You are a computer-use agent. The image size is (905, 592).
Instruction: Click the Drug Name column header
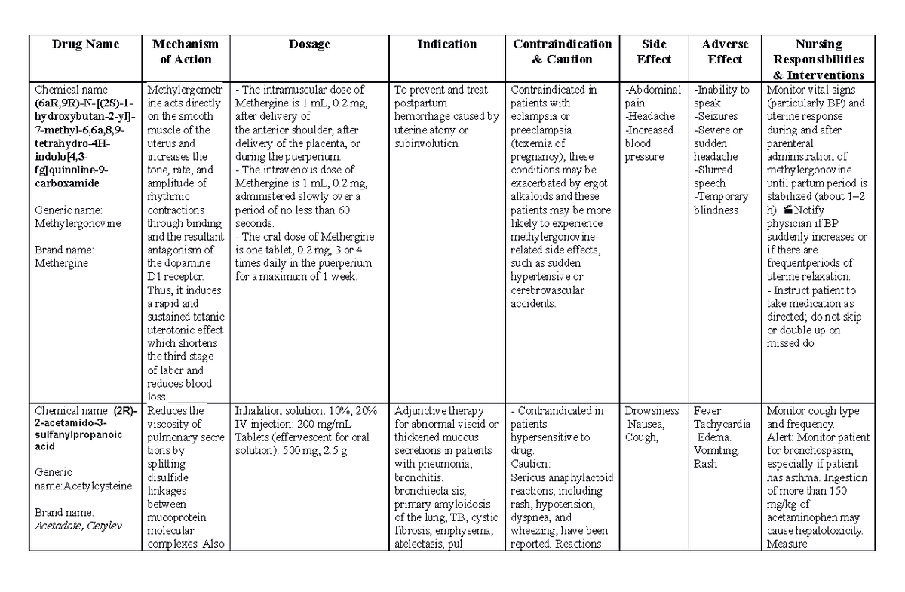85,44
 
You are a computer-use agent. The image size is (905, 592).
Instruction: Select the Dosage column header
309,44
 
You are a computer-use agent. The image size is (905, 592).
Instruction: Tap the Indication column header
447,44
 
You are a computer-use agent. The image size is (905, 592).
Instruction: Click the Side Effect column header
653,51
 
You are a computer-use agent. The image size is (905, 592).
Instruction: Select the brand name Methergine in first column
61,263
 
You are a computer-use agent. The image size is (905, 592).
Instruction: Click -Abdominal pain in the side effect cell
653,96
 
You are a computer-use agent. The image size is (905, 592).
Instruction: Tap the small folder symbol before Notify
789,210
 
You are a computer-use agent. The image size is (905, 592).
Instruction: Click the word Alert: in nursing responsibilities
781,437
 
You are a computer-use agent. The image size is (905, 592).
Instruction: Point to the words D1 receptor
177,277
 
